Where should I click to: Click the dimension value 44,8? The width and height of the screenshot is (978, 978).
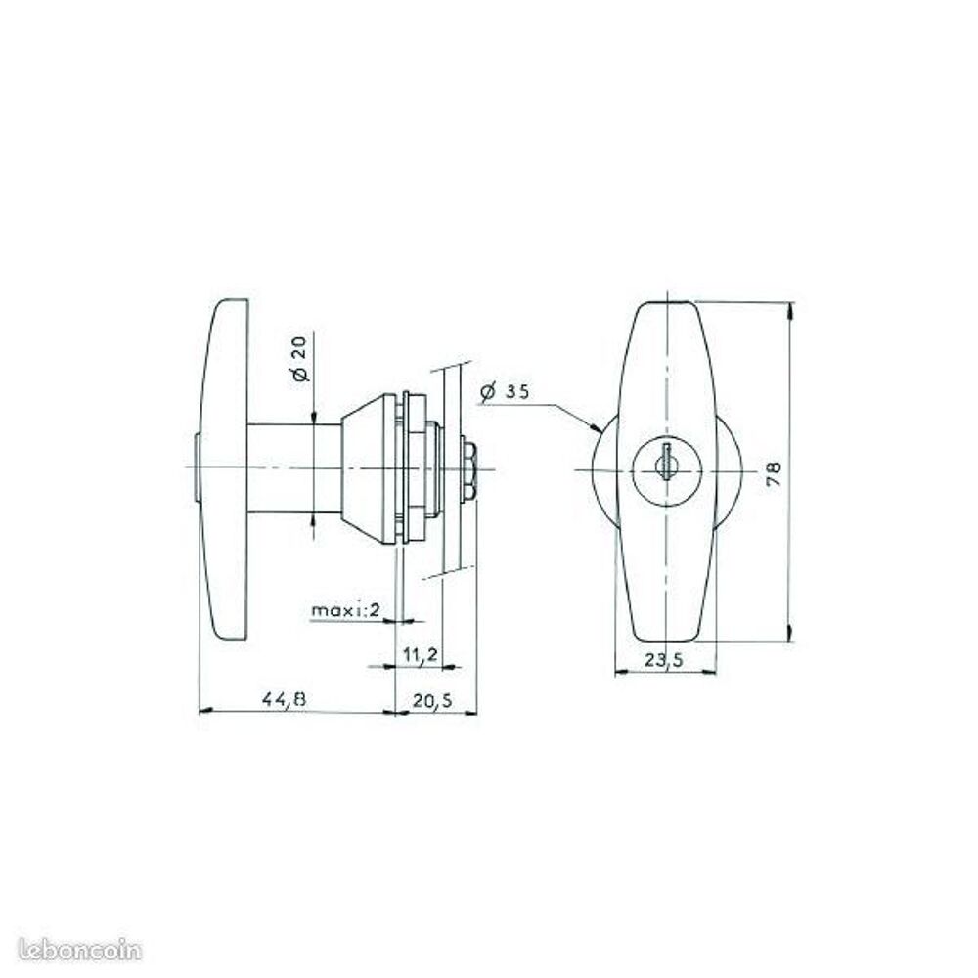click(285, 700)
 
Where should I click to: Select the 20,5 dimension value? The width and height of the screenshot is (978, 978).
click(431, 701)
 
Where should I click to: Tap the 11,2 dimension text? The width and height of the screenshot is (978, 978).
click(421, 655)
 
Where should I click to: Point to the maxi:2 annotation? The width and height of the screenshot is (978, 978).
click(345, 609)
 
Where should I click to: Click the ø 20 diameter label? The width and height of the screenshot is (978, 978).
click(300, 359)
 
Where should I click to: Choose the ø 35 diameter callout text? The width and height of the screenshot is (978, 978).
click(505, 392)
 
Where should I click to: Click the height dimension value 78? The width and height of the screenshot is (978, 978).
click(774, 474)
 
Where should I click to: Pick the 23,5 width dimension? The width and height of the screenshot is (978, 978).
click(664, 660)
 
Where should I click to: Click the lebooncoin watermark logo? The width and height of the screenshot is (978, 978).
click(80, 950)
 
